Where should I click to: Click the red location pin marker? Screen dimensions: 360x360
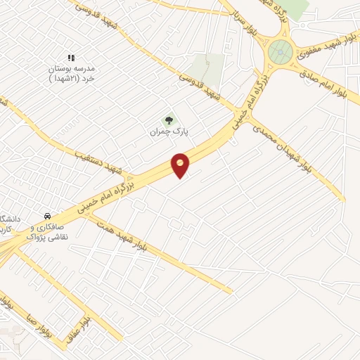point(181,165)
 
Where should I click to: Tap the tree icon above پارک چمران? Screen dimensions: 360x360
point(167,121)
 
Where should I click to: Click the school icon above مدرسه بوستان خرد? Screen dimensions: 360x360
point(70,58)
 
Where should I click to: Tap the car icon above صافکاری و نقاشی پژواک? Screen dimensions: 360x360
point(46,215)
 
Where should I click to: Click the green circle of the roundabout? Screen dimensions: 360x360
point(281,51)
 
